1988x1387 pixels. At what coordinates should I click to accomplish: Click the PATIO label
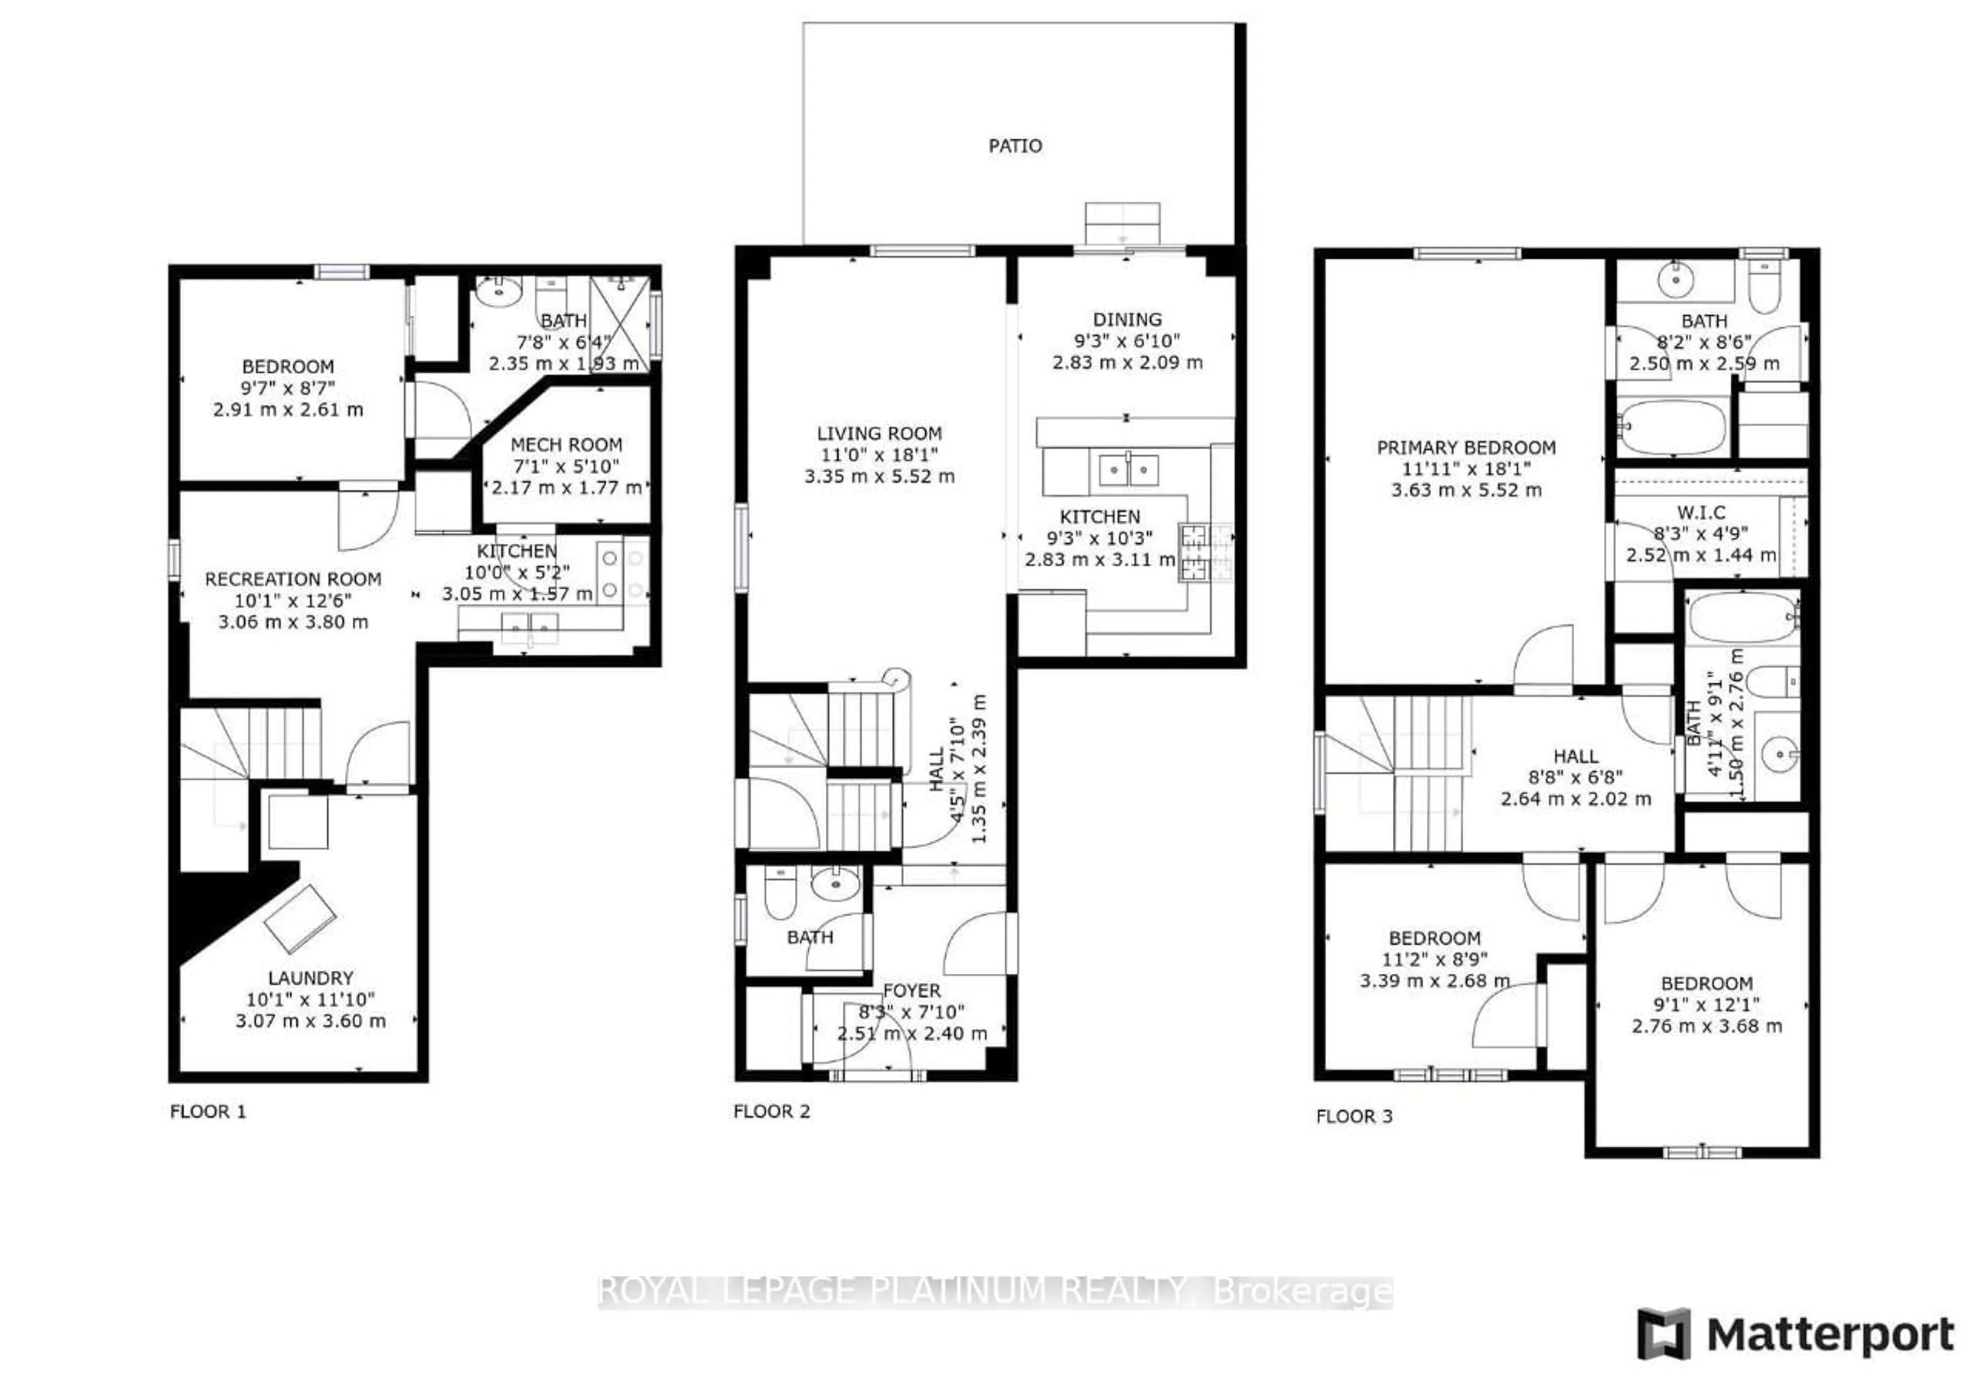point(1015,145)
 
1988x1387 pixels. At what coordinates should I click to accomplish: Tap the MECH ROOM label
point(566,444)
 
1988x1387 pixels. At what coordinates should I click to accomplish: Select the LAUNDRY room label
point(310,977)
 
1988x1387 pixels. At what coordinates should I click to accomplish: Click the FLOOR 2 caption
point(771,1111)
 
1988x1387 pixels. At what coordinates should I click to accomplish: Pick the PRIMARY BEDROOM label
point(1466,448)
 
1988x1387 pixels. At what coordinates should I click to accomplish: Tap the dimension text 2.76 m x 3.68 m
point(1706,1026)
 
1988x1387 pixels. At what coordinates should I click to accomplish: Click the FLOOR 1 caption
point(208,1111)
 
